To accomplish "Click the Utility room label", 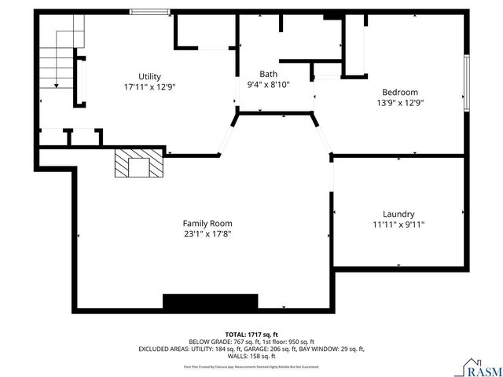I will [x=149, y=76].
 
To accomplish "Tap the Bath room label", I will [x=268, y=73].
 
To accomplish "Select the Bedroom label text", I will [x=399, y=92].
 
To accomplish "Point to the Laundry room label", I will [x=398, y=214].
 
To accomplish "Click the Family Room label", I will [x=207, y=223].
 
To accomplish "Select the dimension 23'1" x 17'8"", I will [x=207, y=233].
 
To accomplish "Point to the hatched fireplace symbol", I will [x=138, y=164].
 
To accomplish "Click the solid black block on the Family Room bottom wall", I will [x=210, y=302].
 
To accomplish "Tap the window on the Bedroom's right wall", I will [x=466, y=83].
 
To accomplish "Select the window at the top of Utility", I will [x=149, y=12].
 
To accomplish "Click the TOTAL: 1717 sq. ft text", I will [x=251, y=335].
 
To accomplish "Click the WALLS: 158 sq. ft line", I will [x=251, y=356].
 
